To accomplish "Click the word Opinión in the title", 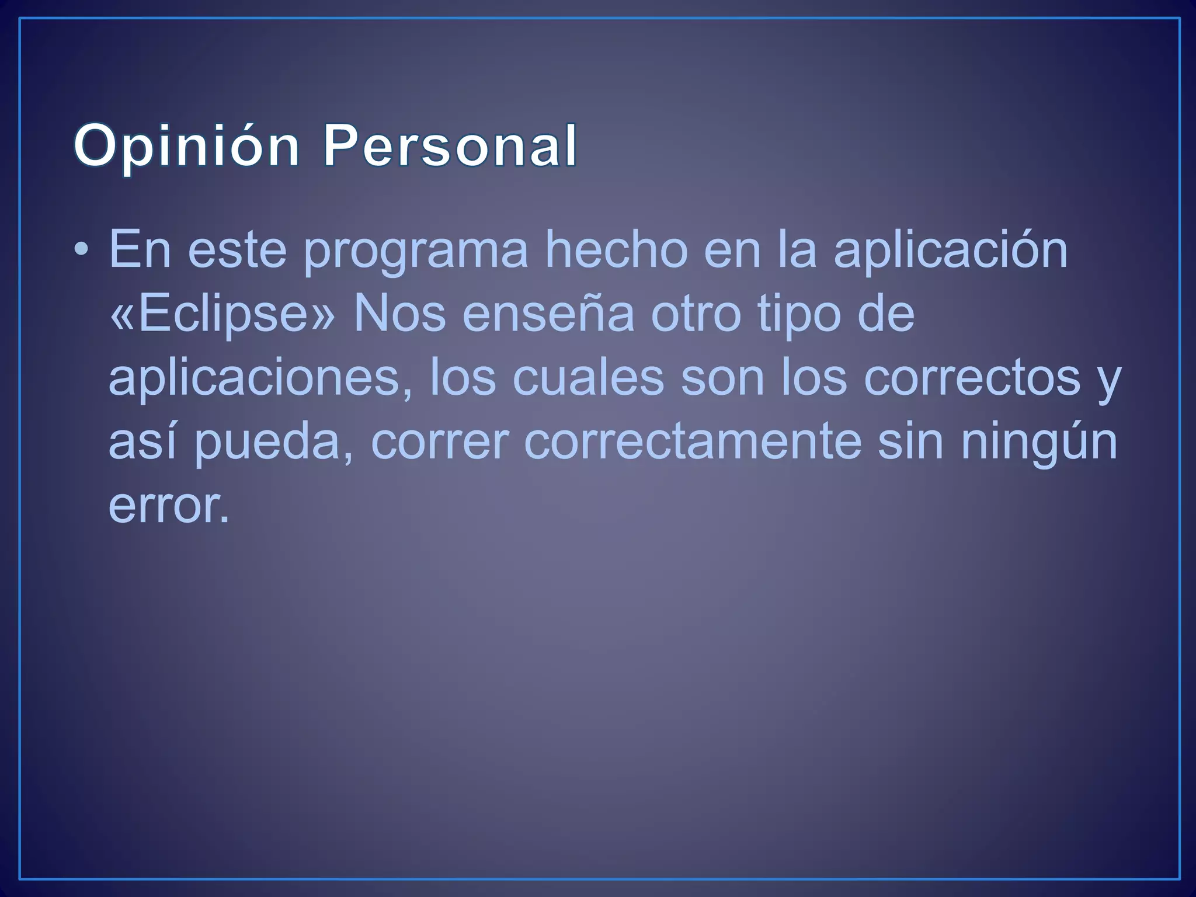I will [186, 146].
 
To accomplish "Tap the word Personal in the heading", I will [450, 146].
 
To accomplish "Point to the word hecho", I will [616, 250].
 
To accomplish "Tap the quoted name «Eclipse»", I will [222, 315].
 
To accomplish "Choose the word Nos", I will [399, 314].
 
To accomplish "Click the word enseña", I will [548, 314].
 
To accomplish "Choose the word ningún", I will [1039, 442].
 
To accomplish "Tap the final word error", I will [169, 505].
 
